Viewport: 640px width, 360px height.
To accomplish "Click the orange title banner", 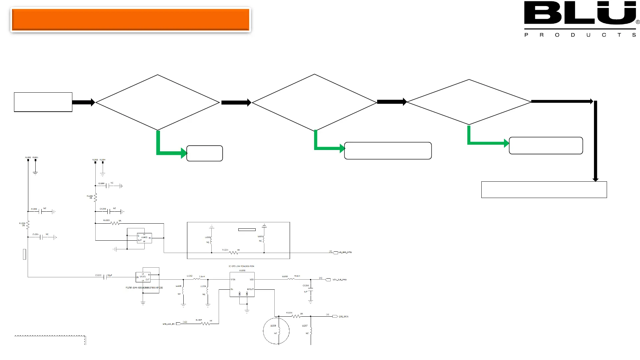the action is [x=130, y=20].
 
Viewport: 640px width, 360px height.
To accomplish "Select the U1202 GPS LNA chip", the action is [x=242, y=284].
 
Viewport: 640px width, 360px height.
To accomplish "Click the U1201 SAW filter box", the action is [x=143, y=277].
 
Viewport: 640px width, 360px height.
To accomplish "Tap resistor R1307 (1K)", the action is [x=206, y=323].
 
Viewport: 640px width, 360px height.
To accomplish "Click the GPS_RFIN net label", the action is [x=343, y=316].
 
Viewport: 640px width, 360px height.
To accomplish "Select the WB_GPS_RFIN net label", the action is [x=345, y=252].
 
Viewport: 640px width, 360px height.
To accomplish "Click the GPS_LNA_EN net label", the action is [x=169, y=324].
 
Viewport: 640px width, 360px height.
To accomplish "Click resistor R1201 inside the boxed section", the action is [x=234, y=253].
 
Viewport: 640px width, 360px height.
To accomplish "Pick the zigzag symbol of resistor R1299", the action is [x=95, y=197].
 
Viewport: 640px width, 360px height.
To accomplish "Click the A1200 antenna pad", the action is [x=28, y=160].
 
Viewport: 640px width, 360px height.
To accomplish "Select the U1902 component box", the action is [x=144, y=238].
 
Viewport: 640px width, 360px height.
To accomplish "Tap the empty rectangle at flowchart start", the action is [x=43, y=102].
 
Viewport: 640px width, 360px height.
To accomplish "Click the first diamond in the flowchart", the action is [x=157, y=102].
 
